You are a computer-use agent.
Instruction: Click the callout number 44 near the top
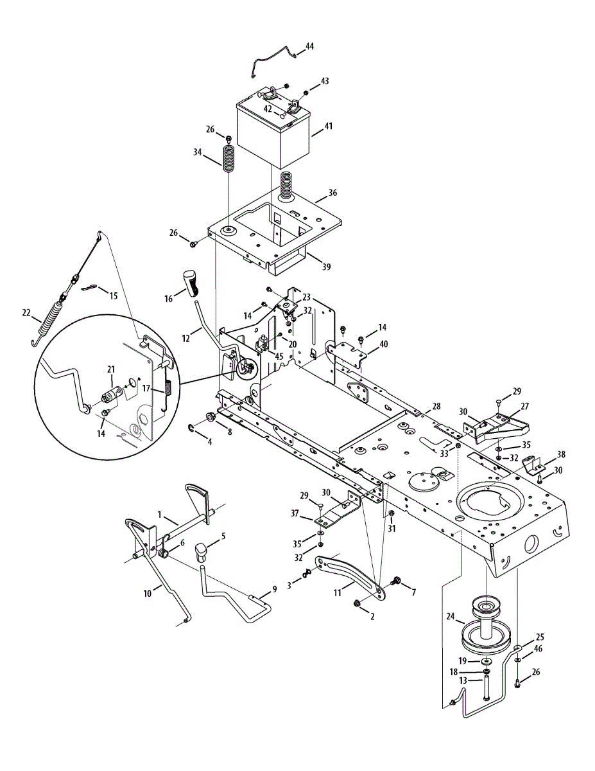310,46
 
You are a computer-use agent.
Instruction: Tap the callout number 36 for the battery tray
332,192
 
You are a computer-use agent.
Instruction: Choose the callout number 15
113,296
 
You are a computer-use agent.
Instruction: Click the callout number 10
148,594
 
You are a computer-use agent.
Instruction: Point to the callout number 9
274,588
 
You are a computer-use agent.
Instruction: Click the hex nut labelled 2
357,604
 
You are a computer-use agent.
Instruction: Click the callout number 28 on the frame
436,406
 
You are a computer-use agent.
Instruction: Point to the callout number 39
327,267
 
